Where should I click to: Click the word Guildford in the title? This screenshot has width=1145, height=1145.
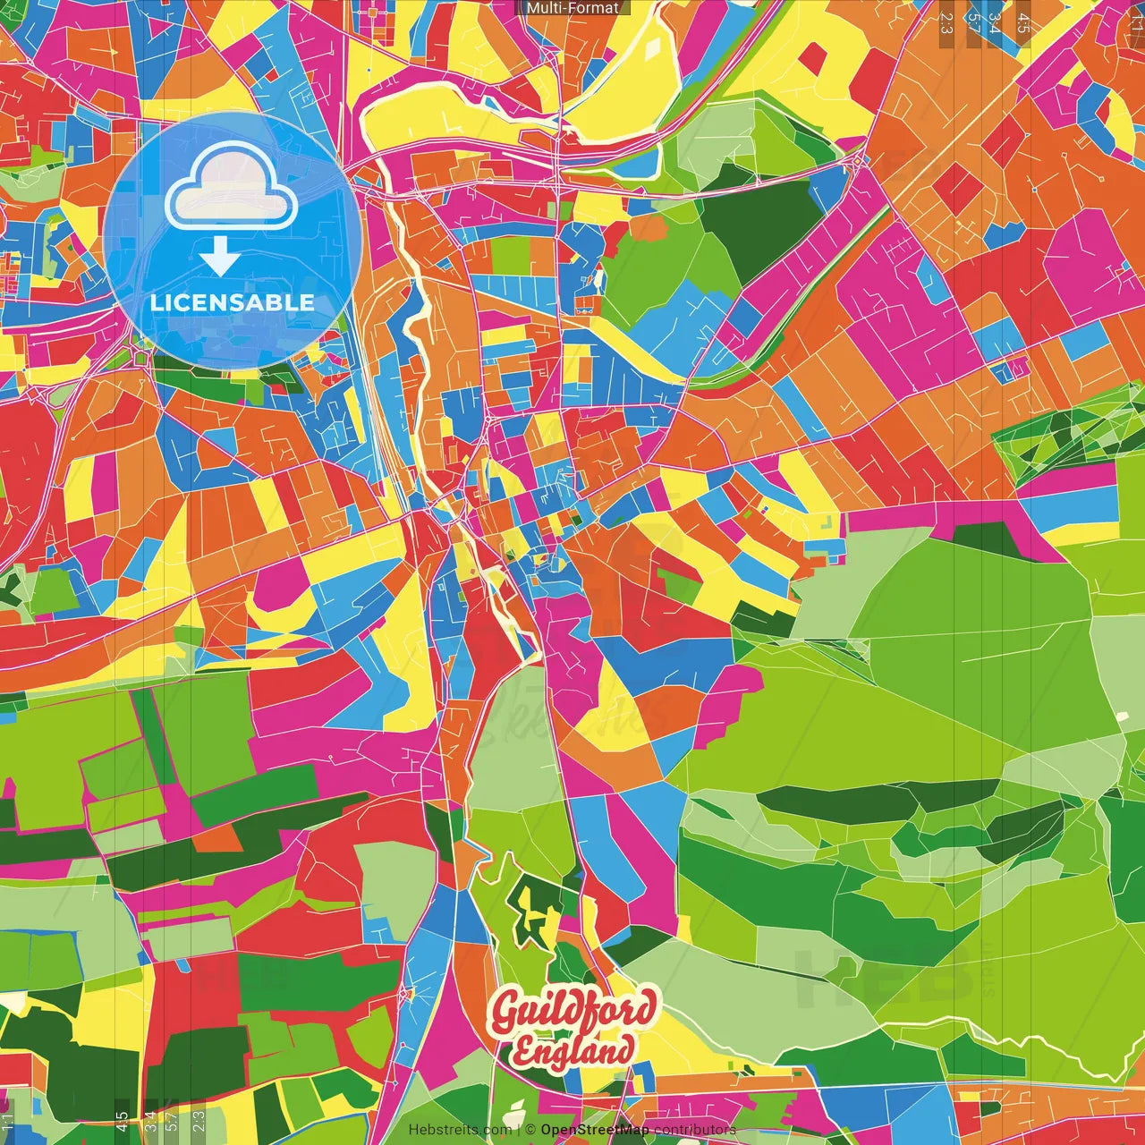(x=573, y=1012)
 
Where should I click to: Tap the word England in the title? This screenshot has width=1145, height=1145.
(x=573, y=1049)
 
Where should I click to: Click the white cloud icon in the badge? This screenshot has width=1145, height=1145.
(x=231, y=189)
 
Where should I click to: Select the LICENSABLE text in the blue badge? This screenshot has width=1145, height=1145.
(x=233, y=302)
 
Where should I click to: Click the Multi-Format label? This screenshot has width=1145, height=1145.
(x=572, y=8)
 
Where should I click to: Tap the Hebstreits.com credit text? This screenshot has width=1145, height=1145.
(x=460, y=1130)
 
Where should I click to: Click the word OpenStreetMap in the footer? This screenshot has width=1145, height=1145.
(x=595, y=1130)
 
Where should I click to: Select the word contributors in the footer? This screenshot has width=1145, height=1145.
(x=695, y=1130)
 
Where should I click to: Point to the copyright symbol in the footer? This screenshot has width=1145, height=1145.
(x=530, y=1130)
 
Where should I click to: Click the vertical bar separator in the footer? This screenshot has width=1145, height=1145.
(x=518, y=1130)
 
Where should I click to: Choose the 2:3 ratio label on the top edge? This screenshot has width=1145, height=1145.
(x=946, y=22)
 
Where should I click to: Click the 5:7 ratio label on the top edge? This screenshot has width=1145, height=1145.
(x=973, y=22)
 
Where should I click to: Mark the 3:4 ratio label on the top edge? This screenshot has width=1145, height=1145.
(x=996, y=22)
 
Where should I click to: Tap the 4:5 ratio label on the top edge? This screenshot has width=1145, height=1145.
(x=1022, y=22)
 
